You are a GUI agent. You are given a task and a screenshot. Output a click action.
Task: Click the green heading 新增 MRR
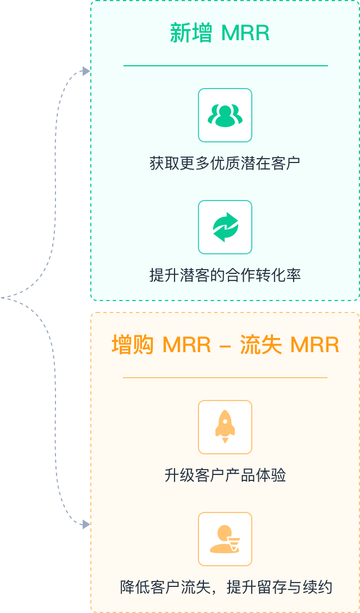(220, 34)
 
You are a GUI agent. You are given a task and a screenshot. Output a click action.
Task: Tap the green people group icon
(225, 115)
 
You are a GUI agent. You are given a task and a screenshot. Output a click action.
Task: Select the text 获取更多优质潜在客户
(225, 163)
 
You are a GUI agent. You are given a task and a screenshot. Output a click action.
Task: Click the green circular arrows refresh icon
(225, 227)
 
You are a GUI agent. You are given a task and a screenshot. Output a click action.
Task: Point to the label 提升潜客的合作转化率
(225, 275)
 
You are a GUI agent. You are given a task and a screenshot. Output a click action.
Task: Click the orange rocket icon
(225, 427)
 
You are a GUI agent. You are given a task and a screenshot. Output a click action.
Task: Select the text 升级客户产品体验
(225, 476)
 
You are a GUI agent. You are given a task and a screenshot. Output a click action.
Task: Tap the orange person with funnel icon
(225, 539)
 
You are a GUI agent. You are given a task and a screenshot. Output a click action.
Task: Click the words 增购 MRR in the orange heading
(161, 346)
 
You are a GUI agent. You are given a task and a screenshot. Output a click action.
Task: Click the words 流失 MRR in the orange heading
(289, 346)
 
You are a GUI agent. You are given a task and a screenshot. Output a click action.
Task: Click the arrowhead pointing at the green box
(86, 71)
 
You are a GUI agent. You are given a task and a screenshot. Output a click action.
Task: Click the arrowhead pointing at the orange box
(86, 524)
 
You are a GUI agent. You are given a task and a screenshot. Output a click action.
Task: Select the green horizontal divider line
(225, 66)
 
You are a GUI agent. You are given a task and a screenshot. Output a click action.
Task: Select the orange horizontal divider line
(225, 377)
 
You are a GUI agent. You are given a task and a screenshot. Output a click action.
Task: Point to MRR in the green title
(245, 34)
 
